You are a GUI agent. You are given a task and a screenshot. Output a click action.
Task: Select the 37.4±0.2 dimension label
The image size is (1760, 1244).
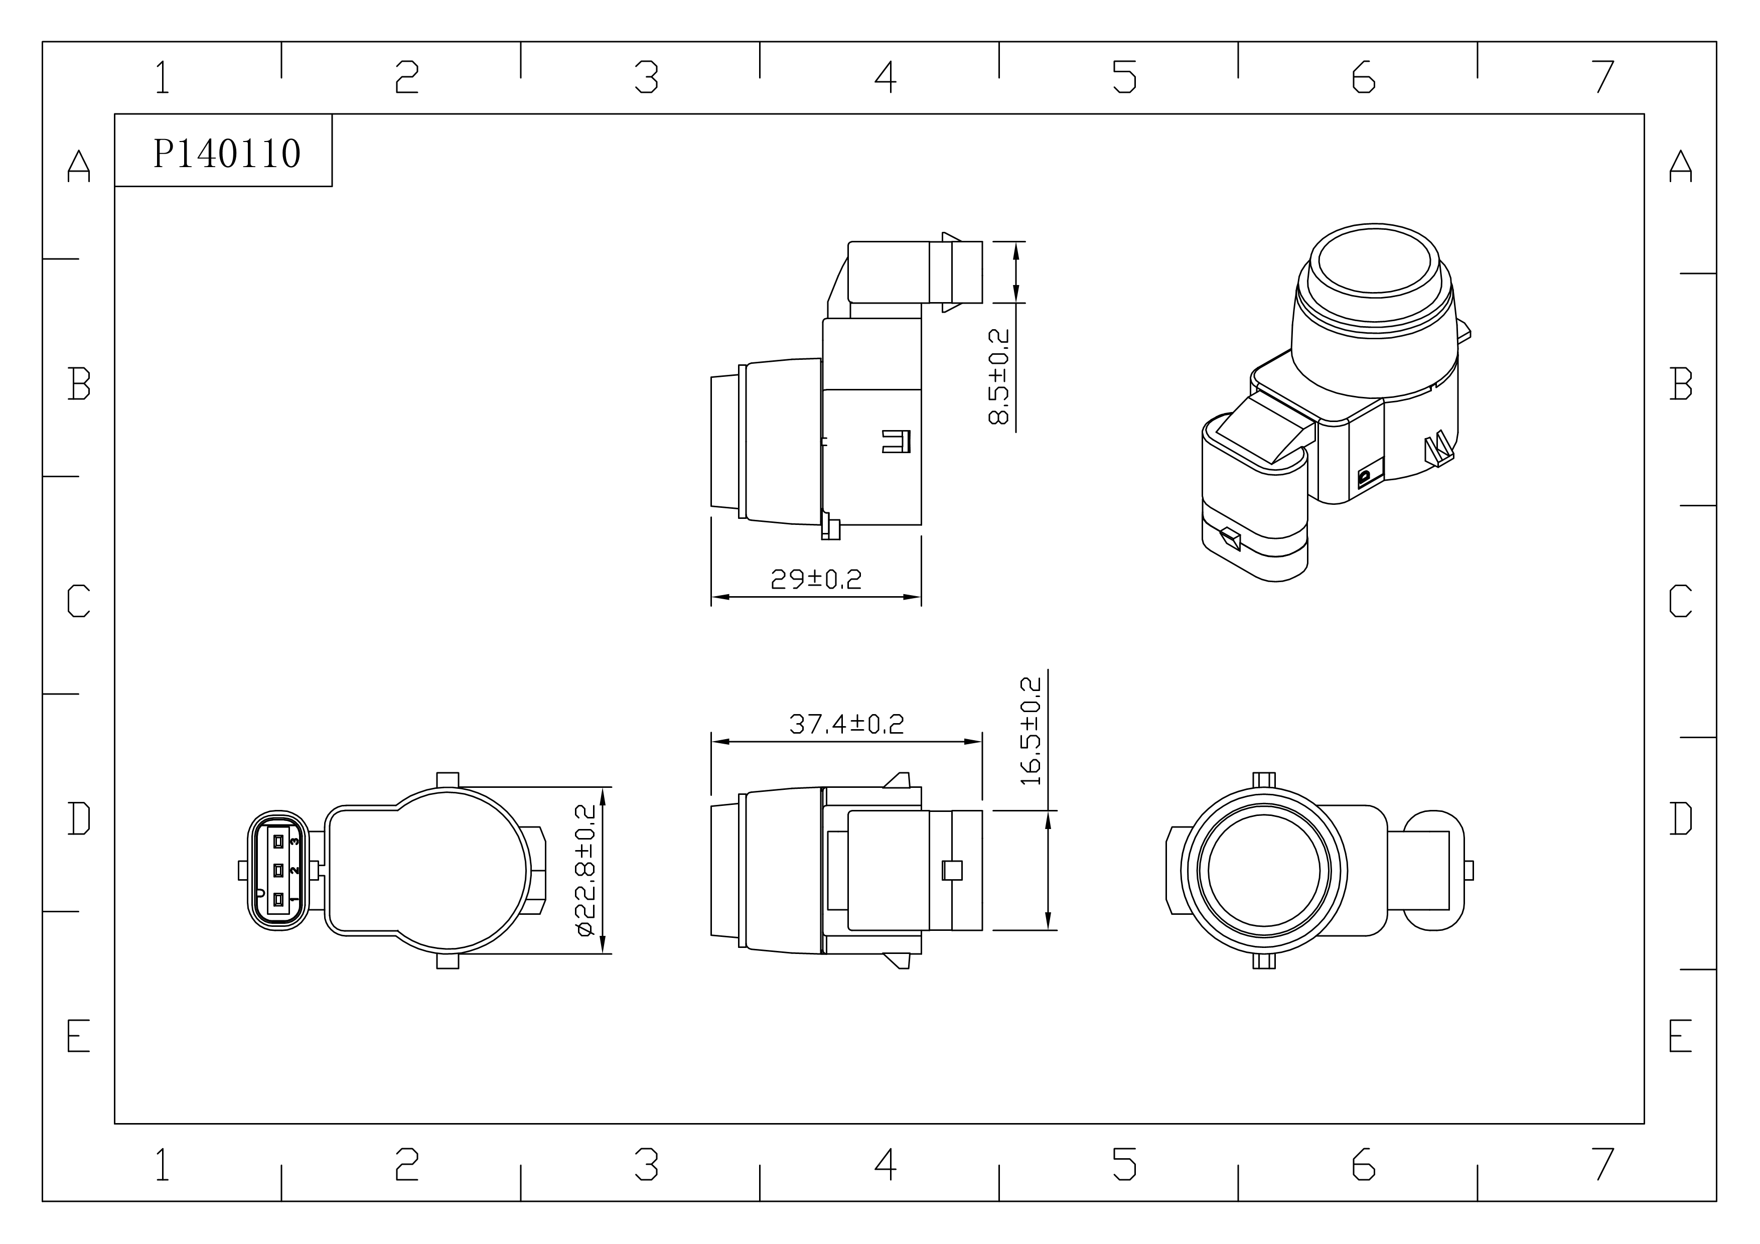(x=846, y=724)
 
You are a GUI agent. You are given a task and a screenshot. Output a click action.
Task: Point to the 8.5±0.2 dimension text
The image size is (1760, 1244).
(x=999, y=376)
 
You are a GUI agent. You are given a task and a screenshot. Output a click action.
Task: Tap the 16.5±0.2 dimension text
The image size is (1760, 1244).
(x=1031, y=731)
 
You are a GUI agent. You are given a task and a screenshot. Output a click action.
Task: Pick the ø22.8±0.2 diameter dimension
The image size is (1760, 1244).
(x=585, y=870)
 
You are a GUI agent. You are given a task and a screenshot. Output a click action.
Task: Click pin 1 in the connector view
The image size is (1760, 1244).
(x=278, y=899)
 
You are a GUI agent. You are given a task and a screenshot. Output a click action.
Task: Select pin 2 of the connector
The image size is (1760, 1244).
(x=278, y=870)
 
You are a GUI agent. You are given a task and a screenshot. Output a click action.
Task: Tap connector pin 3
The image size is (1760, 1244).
(x=278, y=841)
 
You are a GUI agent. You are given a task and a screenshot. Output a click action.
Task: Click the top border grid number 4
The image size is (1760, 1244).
(x=886, y=77)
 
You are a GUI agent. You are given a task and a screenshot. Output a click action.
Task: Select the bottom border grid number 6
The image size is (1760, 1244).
(x=1364, y=1164)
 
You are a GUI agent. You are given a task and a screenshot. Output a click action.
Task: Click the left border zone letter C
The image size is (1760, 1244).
(x=79, y=600)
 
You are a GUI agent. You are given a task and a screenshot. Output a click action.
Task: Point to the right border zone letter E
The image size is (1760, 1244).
(x=1680, y=1036)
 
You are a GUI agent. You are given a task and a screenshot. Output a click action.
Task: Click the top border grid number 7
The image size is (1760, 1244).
(x=1603, y=77)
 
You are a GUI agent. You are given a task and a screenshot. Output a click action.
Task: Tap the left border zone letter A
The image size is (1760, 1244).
(x=79, y=166)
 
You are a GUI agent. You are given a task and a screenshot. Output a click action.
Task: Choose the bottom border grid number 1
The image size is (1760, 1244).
(x=163, y=1164)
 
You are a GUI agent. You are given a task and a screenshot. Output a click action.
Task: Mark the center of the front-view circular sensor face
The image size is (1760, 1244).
(x=1264, y=871)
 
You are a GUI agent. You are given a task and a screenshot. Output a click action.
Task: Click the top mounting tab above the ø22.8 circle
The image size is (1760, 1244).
(x=448, y=779)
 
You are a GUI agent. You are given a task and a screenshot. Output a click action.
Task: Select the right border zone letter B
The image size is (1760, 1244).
(x=1680, y=383)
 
